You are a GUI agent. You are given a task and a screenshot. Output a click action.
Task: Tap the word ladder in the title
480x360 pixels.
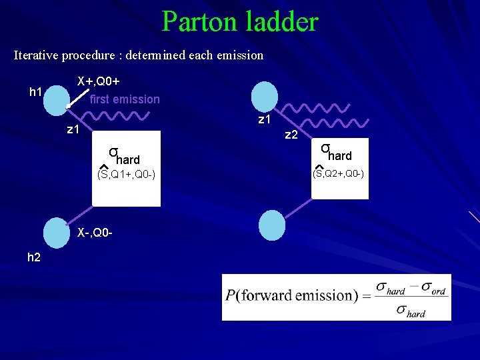pyautogui.click(x=283, y=22)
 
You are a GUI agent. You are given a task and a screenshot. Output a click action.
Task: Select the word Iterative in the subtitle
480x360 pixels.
pyautogui.click(x=36, y=55)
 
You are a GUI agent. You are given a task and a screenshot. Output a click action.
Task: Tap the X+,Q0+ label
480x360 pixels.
pyautogui.click(x=99, y=81)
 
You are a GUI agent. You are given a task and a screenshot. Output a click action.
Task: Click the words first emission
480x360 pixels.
pyautogui.click(x=125, y=99)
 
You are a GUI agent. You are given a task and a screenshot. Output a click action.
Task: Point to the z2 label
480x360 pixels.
pyautogui.click(x=291, y=135)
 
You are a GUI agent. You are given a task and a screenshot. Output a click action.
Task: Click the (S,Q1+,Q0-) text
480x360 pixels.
pyautogui.click(x=126, y=175)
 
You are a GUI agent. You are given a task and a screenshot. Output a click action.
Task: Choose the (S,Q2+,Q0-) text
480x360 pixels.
pyautogui.click(x=339, y=174)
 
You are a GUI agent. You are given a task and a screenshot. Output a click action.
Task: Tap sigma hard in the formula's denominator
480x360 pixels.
pyautogui.click(x=410, y=310)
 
